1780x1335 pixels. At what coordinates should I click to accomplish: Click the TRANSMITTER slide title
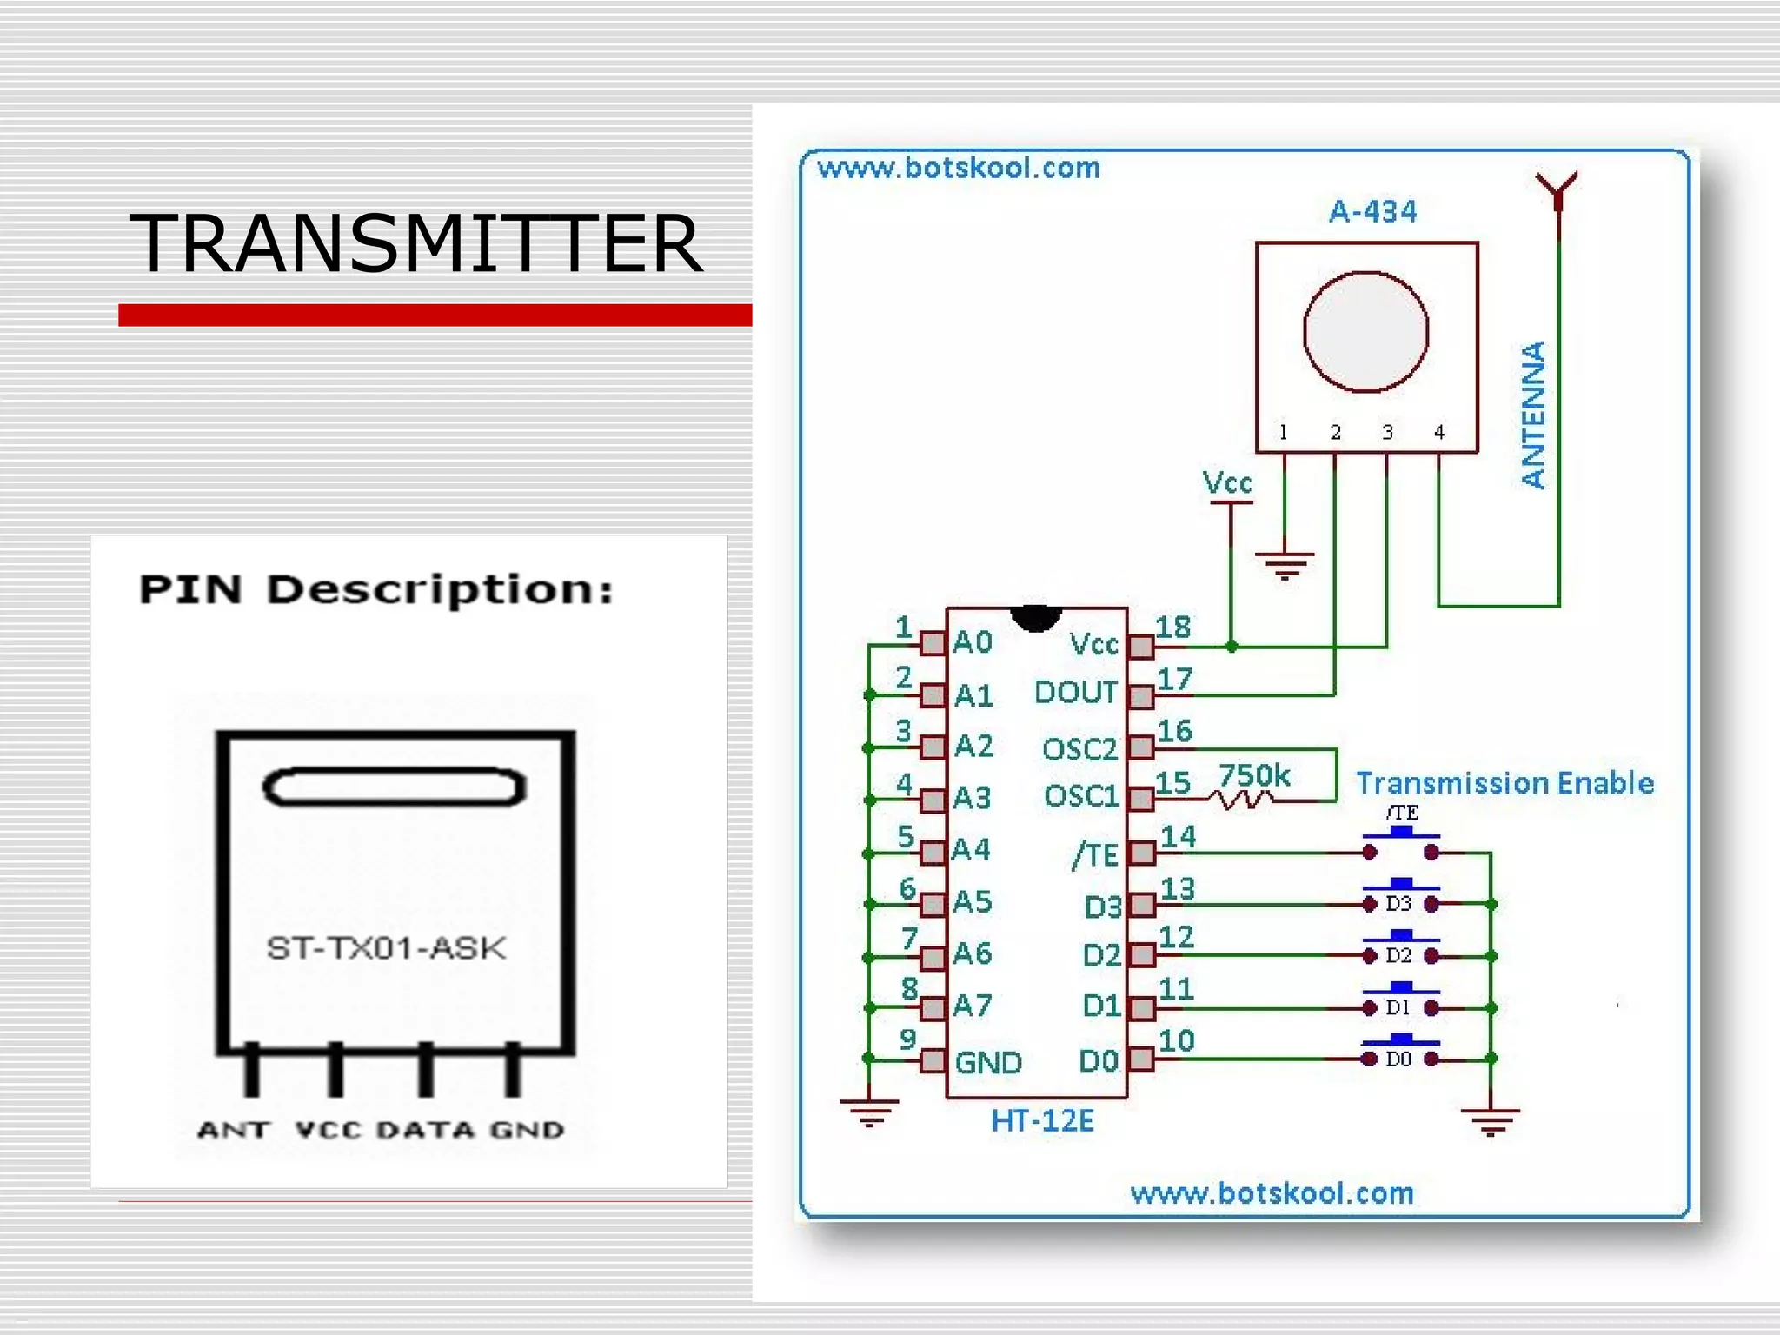(x=415, y=244)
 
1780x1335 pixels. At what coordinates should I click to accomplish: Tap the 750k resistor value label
(x=1253, y=775)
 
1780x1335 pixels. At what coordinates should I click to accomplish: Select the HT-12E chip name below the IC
(x=1042, y=1121)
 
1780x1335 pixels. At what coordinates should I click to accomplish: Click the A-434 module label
(x=1372, y=212)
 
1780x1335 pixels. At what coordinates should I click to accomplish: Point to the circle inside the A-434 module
(x=1365, y=332)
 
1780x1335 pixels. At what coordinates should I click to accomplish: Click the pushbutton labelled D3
(x=1400, y=900)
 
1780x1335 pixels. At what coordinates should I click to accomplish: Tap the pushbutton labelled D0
(x=1400, y=1055)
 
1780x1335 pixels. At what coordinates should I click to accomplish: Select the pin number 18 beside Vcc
(x=1172, y=628)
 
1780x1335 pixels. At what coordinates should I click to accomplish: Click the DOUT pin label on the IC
(x=1075, y=693)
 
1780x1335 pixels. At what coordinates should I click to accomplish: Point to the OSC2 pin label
(x=1079, y=749)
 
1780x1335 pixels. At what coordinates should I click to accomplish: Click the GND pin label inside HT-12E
(x=987, y=1063)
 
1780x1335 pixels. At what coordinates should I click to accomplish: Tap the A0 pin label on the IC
(x=972, y=643)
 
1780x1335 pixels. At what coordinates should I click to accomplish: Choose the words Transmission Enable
(x=1504, y=783)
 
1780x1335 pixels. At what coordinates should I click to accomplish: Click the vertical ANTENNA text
(x=1533, y=415)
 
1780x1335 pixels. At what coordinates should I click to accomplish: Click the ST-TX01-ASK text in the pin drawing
(x=385, y=948)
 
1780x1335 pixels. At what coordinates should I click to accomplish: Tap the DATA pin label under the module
(x=425, y=1130)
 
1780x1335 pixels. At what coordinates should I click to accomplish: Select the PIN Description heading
(x=376, y=590)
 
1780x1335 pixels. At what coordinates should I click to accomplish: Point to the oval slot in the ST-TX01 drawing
(x=395, y=787)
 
